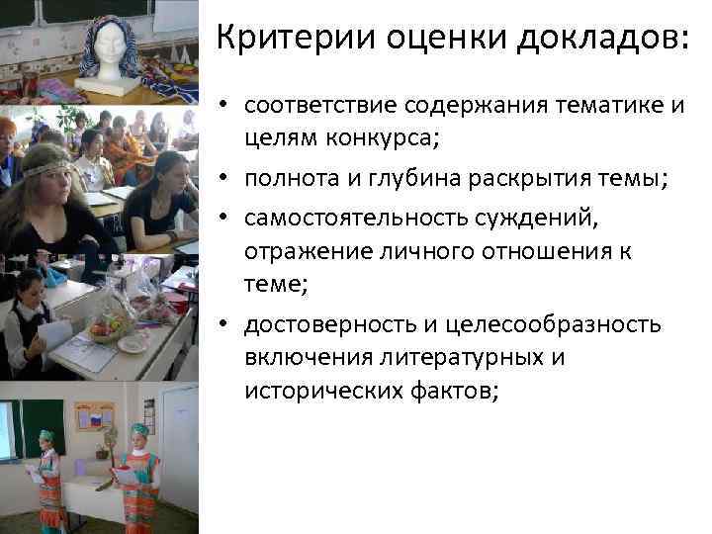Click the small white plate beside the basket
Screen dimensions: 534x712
click(132, 344)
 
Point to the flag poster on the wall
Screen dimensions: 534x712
click(94, 417)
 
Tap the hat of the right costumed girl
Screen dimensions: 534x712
click(138, 431)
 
